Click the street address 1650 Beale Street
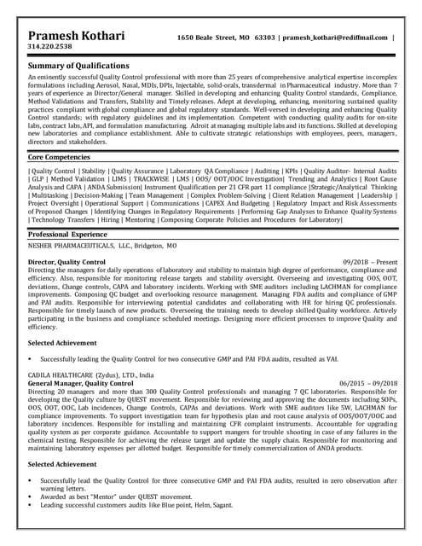[x=208, y=38]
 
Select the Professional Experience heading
[x=72, y=234]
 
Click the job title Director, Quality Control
[x=67, y=262]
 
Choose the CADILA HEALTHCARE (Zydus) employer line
[x=91, y=375]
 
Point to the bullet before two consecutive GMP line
[x=31, y=360]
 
